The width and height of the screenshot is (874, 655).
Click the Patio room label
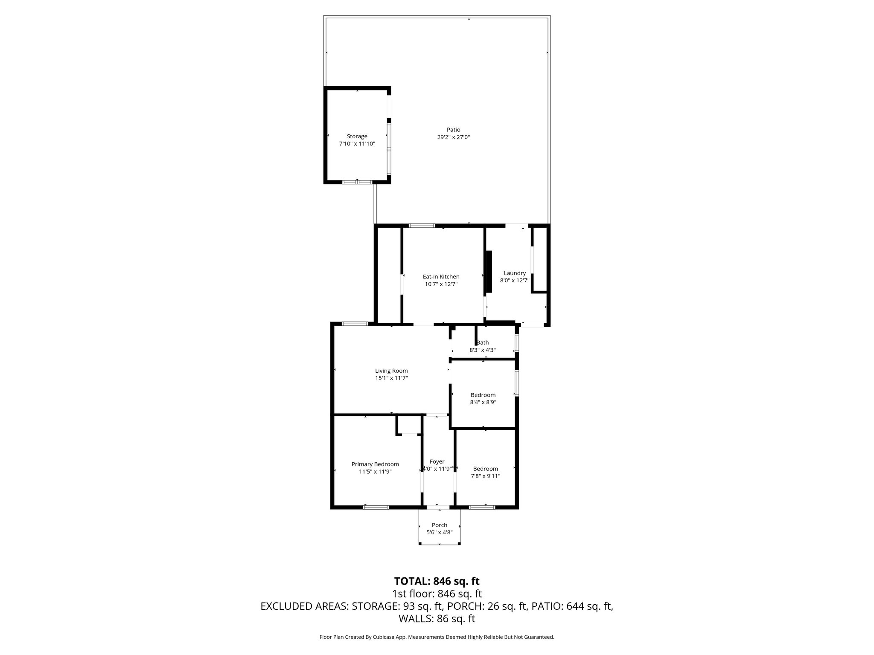click(x=453, y=130)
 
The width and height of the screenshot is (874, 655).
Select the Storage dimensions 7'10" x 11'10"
click(x=357, y=144)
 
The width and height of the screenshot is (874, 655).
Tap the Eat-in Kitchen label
click(x=441, y=277)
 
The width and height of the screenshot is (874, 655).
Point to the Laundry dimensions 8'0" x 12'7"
click(x=515, y=281)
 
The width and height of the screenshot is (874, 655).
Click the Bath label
click(x=483, y=342)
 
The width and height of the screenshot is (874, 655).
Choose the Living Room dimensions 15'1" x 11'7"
click(x=391, y=378)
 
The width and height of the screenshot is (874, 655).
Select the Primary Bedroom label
click(x=375, y=464)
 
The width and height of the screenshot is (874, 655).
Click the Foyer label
click(x=437, y=461)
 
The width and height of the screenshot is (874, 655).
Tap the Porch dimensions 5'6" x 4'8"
click(x=439, y=532)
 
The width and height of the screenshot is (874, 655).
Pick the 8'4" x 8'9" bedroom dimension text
click(x=483, y=402)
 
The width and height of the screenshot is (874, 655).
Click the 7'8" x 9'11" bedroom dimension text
click(x=485, y=476)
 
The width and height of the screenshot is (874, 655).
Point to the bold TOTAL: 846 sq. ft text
click(x=437, y=581)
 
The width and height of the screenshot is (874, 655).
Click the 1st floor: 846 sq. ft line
click(x=437, y=594)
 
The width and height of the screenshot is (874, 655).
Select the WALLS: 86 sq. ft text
click(x=437, y=619)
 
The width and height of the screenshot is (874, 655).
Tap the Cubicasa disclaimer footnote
click(x=437, y=637)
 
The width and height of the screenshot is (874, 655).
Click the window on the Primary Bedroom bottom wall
click(x=376, y=507)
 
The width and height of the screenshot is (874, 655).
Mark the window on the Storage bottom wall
click(x=357, y=182)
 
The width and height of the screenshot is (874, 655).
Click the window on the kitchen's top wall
click(x=422, y=225)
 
